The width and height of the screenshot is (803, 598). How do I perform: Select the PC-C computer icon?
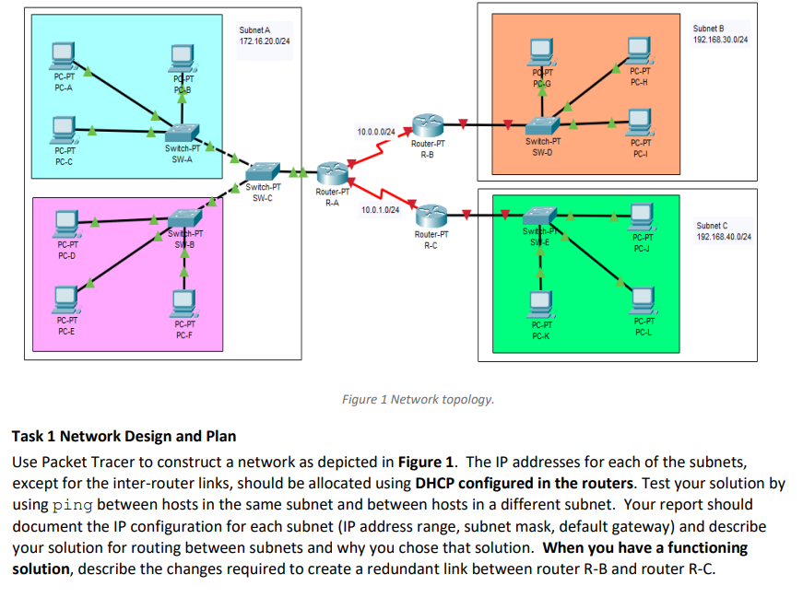tap(64, 126)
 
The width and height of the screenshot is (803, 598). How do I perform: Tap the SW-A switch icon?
tap(181, 132)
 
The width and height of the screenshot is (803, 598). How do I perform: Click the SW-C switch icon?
tap(263, 171)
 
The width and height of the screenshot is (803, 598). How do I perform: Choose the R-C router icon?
tap(429, 215)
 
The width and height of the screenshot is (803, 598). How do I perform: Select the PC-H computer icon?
tap(639, 52)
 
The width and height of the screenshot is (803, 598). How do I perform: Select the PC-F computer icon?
tap(183, 301)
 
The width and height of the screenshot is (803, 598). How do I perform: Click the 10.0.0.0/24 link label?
tap(376, 133)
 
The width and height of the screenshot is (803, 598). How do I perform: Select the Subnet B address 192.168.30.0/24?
tap(720, 41)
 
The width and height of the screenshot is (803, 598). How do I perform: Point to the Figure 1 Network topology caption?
tap(418, 399)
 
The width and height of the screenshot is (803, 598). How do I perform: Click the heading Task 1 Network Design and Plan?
tap(124, 436)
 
